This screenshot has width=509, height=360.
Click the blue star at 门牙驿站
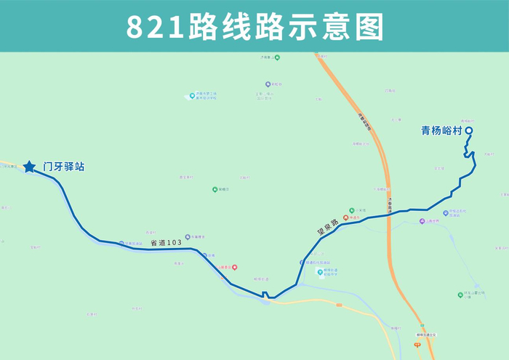[29, 167]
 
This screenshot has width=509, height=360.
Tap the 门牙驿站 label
[64, 167]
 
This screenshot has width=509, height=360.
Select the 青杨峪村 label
[441, 131]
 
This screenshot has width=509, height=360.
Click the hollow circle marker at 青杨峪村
[469, 131]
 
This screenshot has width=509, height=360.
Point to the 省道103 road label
[165, 242]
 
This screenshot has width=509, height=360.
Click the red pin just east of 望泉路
[346, 217]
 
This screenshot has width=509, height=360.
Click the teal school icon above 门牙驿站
[191, 95]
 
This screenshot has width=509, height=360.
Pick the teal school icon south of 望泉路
[320, 273]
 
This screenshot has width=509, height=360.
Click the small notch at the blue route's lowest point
[266, 295]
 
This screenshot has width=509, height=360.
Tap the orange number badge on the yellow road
[338, 305]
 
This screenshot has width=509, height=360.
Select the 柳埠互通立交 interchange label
[425, 335]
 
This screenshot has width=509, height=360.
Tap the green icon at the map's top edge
[277, 57]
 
